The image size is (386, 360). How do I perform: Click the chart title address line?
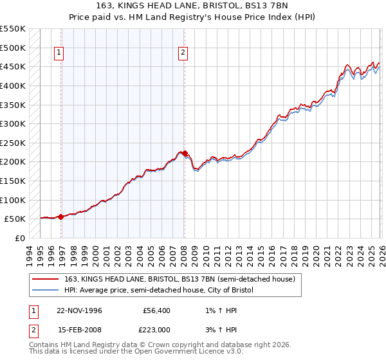click(192, 6)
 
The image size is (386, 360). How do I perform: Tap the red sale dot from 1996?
click(60, 217)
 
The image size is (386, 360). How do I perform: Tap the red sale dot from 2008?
click(185, 153)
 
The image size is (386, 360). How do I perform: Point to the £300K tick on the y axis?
click(13, 123)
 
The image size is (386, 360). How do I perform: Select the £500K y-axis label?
click(13, 48)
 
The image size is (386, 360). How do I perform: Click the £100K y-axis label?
click(13, 200)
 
